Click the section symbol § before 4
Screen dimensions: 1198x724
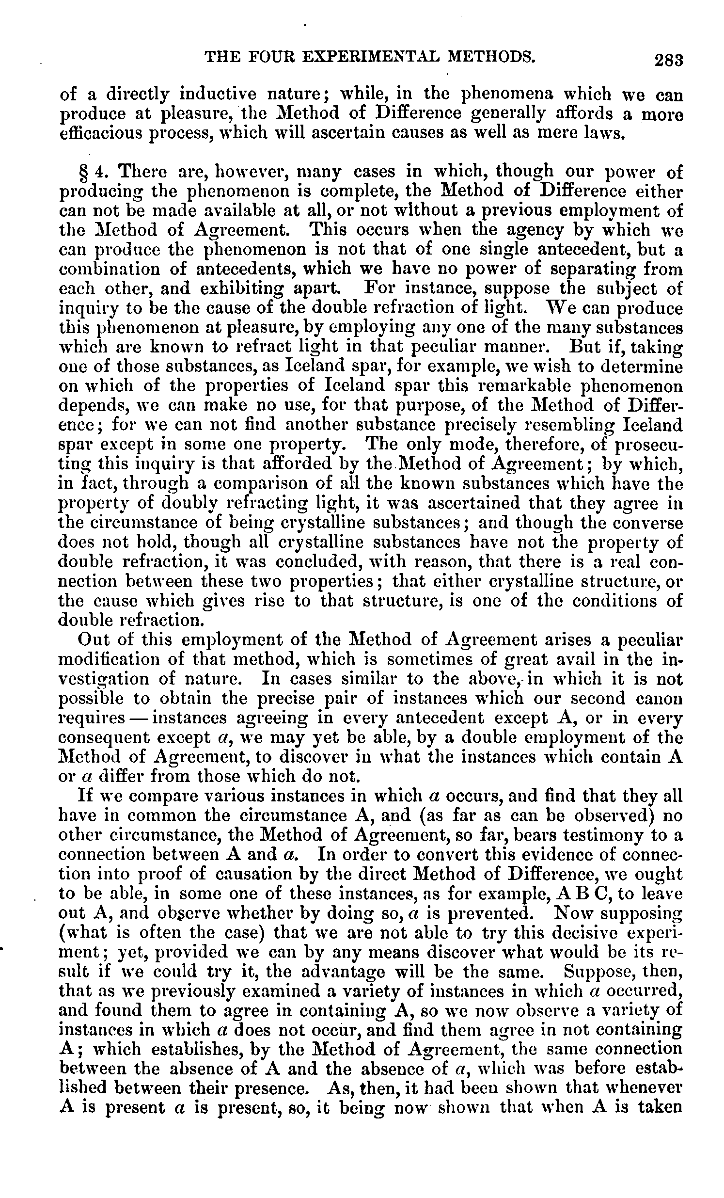coord(81,172)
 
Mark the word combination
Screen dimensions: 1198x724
coord(102,269)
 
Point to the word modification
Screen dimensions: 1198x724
coord(115,660)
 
